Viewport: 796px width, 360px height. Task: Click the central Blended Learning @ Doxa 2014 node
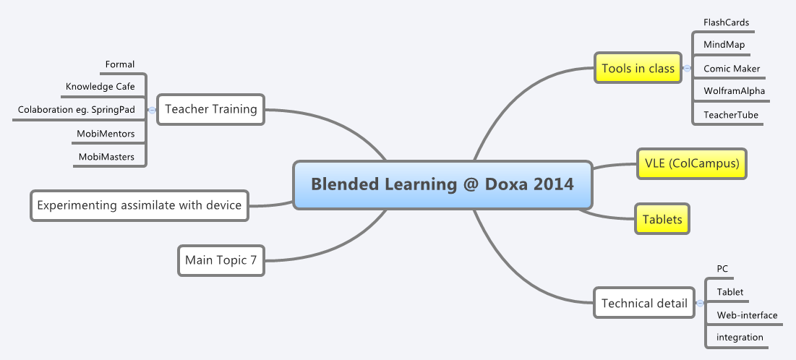442,184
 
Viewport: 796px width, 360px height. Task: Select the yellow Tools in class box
638,69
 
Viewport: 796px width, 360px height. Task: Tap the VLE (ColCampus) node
691,163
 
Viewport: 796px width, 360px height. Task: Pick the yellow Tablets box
662,220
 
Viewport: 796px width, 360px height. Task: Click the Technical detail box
644,304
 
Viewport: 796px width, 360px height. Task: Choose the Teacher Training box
211,109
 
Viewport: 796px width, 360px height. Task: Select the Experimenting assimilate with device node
139,205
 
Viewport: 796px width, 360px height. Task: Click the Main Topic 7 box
221,260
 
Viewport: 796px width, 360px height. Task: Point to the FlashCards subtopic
726,22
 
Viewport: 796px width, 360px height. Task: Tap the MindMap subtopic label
724,45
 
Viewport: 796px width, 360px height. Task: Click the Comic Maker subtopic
732,69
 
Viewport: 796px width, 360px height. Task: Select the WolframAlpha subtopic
734,91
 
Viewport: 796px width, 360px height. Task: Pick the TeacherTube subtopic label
731,114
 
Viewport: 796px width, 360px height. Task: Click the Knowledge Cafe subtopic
100,87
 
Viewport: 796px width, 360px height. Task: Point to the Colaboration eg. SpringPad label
76,109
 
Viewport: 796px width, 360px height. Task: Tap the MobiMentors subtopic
106,133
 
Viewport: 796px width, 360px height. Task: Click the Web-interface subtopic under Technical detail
747,315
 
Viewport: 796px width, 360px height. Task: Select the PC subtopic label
722,269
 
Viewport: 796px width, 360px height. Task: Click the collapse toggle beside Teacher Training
152,110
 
